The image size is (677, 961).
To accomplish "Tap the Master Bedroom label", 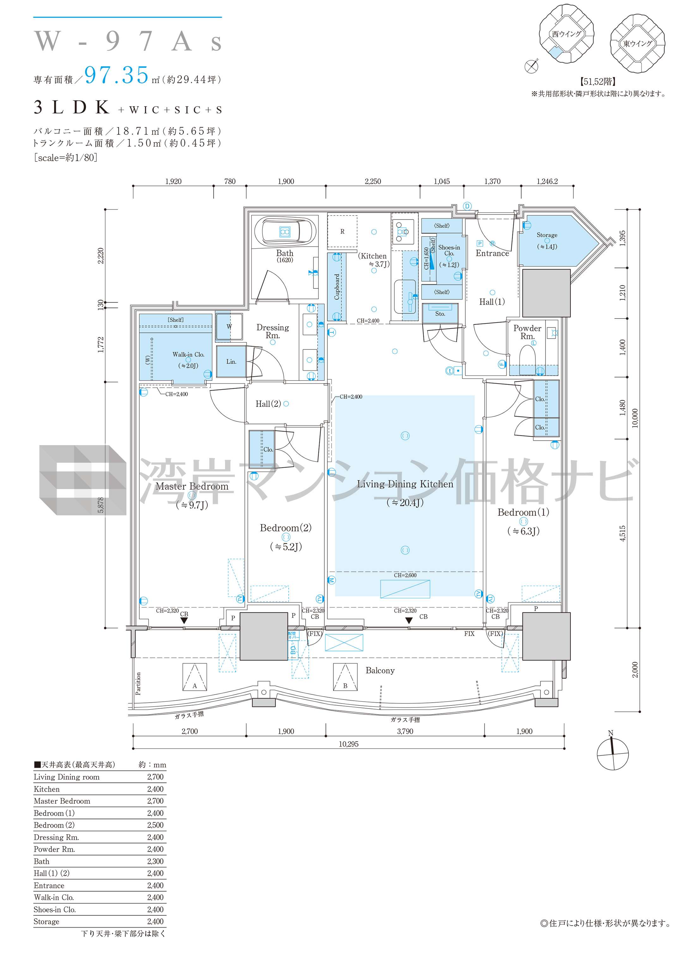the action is (192, 487).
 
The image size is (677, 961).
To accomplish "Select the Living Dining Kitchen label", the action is (405, 484).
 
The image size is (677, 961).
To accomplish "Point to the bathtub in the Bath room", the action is (285, 231).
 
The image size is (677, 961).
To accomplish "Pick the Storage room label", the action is (547, 235).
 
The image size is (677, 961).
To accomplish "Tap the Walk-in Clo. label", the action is (188, 354).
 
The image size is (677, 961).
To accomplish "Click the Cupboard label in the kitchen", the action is (337, 287).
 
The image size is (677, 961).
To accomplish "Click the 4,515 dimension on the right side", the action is (623, 533).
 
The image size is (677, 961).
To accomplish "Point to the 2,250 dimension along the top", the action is (373, 181).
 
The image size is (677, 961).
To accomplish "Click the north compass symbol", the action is (613, 753).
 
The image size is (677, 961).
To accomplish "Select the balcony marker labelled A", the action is (195, 677).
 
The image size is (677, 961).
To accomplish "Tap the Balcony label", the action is (380, 671).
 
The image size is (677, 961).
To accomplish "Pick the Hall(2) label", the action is (268, 404).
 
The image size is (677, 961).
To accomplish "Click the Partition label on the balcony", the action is (138, 684).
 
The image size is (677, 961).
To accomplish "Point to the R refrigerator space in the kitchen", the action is (343, 232).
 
